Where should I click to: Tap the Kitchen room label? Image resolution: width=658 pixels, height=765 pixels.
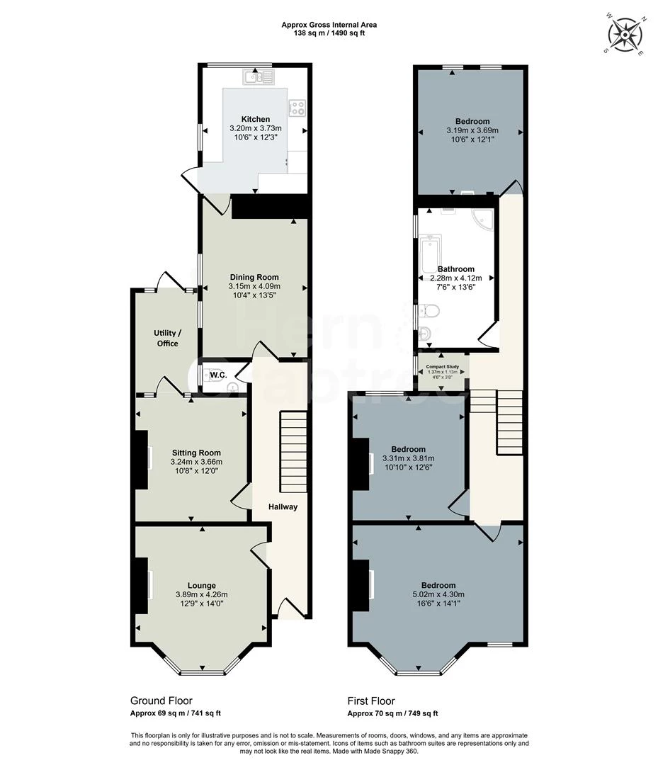255,119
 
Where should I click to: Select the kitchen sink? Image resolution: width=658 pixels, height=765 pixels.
253,76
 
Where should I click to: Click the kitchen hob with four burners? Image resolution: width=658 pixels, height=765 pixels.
297,108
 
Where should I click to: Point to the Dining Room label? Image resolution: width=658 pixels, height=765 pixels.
254,277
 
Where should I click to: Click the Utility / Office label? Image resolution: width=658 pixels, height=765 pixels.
167,338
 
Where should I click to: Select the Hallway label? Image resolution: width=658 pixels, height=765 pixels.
283,506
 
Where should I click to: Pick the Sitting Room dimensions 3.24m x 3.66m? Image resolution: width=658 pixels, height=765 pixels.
196,463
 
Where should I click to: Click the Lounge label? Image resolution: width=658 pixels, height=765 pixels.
202,585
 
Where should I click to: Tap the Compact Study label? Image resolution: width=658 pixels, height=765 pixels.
443,367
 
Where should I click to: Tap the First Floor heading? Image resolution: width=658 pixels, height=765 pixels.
371,701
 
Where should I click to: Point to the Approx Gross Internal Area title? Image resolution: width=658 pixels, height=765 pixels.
329,25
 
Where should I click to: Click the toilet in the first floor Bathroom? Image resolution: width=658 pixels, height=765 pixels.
430,312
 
